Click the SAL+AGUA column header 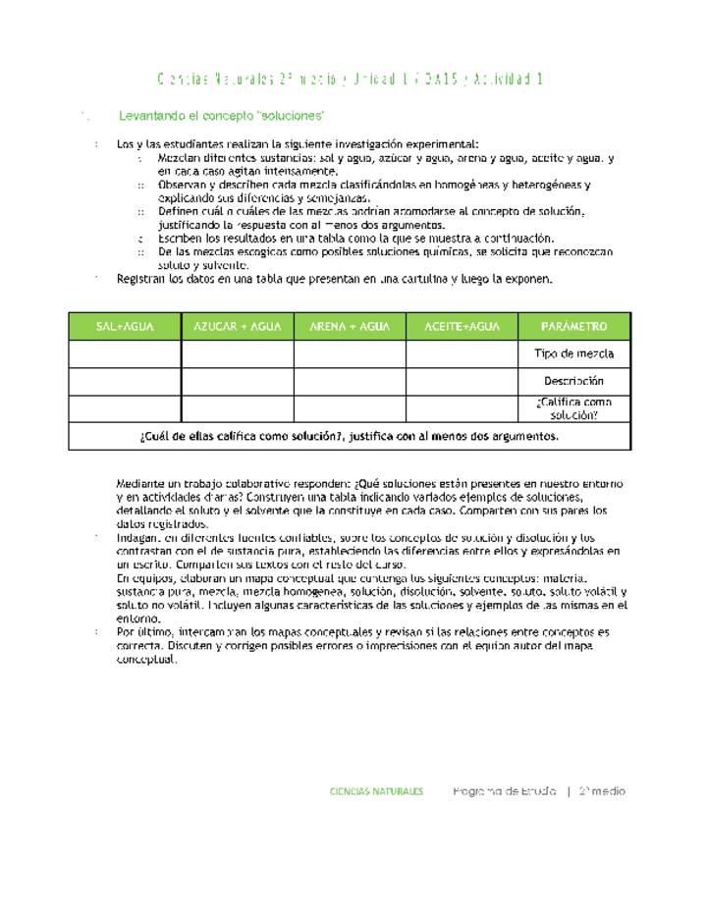125,327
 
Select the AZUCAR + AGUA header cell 238,327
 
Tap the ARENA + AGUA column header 350,327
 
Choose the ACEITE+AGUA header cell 462,327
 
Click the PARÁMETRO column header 574,327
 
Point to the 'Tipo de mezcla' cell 574,354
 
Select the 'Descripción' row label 574,381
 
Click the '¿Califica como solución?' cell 574,408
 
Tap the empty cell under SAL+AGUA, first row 125,354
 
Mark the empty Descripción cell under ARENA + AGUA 350,381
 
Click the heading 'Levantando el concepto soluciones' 221,116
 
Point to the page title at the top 351,79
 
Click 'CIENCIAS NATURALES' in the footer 377,791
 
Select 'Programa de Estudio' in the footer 505,791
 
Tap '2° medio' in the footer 602,791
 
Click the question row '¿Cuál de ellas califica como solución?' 350,437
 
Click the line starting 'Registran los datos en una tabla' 334,279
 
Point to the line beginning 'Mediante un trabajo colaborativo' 369,484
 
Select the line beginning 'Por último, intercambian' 362,632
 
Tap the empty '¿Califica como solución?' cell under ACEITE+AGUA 462,408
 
